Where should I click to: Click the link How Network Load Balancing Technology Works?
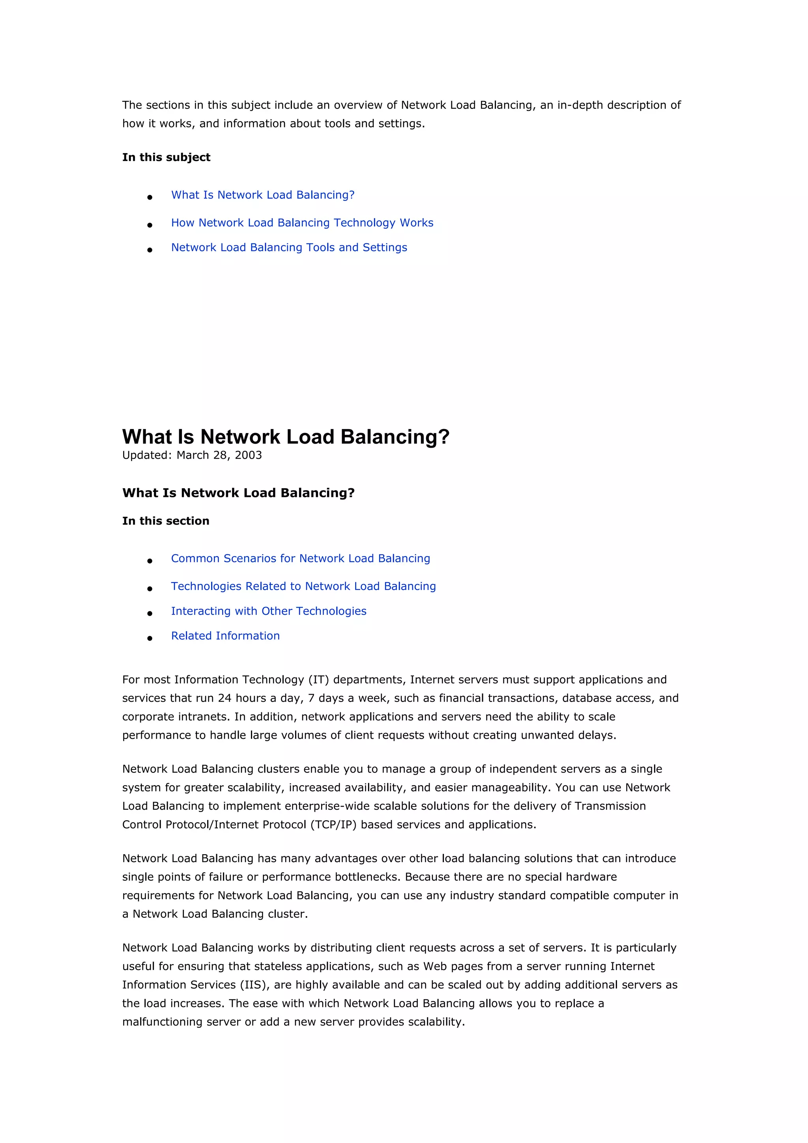(302, 222)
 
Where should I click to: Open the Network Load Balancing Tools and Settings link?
(289, 247)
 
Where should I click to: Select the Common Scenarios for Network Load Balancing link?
(300, 558)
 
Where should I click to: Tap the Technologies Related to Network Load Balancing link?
(303, 586)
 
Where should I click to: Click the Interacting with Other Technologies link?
(268, 611)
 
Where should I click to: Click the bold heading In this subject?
(166, 157)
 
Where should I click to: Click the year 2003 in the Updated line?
(249, 455)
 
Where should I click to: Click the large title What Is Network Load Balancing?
(286, 437)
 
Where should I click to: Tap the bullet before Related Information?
(150, 638)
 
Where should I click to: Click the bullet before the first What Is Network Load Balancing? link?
(150, 197)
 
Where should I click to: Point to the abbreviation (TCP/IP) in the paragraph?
(333, 824)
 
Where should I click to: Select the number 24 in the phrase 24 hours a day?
(224, 698)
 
